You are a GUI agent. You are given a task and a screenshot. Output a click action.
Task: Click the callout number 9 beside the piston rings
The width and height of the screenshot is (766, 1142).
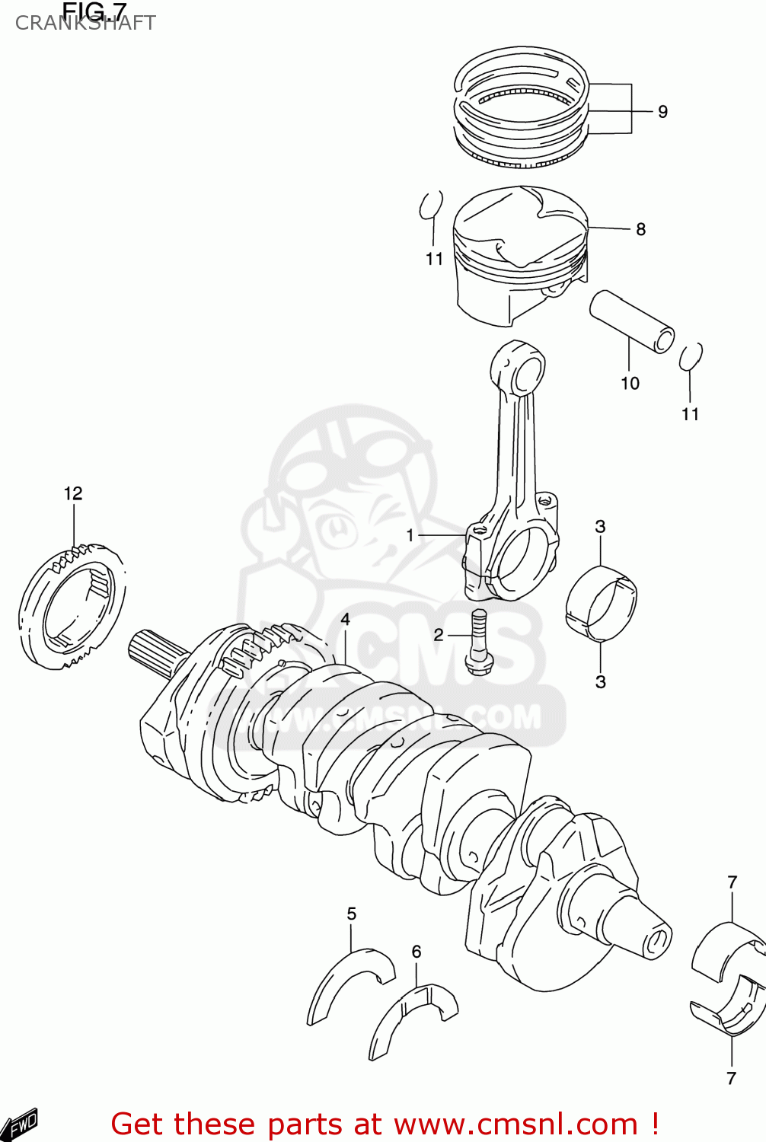tap(662, 112)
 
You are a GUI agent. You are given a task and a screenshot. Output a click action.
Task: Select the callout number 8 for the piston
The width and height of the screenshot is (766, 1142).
tap(640, 229)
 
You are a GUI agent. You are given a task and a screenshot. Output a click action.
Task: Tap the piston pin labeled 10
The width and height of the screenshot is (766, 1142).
tap(631, 321)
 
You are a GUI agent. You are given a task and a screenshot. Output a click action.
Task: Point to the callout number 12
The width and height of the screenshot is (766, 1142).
tap(73, 493)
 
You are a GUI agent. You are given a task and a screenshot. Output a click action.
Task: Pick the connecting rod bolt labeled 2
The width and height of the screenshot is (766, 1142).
tap(478, 643)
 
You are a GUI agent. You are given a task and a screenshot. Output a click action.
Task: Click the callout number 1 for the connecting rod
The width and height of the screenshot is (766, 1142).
tap(410, 535)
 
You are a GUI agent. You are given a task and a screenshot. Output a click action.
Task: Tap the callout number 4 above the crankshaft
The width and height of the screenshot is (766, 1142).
tap(345, 619)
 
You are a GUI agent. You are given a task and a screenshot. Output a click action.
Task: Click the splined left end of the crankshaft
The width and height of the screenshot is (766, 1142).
tap(155, 652)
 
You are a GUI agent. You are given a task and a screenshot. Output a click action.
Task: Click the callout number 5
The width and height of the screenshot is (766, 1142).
tap(351, 914)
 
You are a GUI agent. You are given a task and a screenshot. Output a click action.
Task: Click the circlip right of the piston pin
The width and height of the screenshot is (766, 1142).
tap(690, 357)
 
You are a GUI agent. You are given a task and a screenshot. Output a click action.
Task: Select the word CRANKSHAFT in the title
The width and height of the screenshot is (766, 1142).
tap(85, 24)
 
